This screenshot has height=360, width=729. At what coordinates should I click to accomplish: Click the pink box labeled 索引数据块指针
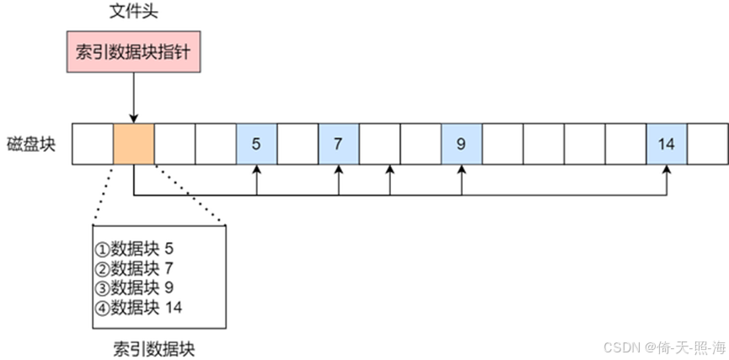[x=133, y=52]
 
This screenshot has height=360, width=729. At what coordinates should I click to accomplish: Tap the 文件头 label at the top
[x=133, y=13]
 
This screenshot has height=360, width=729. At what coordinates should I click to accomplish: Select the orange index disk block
[x=133, y=143]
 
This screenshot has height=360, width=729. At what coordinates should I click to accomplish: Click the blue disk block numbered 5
[x=256, y=143]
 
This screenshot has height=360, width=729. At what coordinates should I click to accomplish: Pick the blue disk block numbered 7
[x=339, y=143]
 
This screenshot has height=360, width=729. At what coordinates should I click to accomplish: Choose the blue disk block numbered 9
[x=462, y=143]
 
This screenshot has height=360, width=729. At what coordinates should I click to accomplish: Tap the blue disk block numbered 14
[x=667, y=143]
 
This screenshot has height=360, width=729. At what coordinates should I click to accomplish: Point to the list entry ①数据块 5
[x=136, y=250]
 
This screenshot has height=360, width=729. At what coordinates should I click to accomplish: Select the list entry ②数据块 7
[x=136, y=269]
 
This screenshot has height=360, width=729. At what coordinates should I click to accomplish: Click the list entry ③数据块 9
[x=136, y=287]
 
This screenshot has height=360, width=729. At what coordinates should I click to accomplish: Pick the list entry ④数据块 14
[x=139, y=307]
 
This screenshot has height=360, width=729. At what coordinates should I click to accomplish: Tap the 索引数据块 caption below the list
[x=157, y=348]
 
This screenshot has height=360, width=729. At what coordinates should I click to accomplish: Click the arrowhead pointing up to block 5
[x=256, y=169]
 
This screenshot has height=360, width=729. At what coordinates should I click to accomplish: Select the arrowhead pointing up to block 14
[x=667, y=169]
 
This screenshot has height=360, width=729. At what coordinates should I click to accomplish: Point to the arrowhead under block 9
[x=462, y=169]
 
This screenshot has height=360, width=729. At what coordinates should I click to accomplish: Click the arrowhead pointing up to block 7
[x=339, y=169]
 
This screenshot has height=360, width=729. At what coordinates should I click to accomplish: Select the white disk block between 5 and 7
[x=297, y=143]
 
